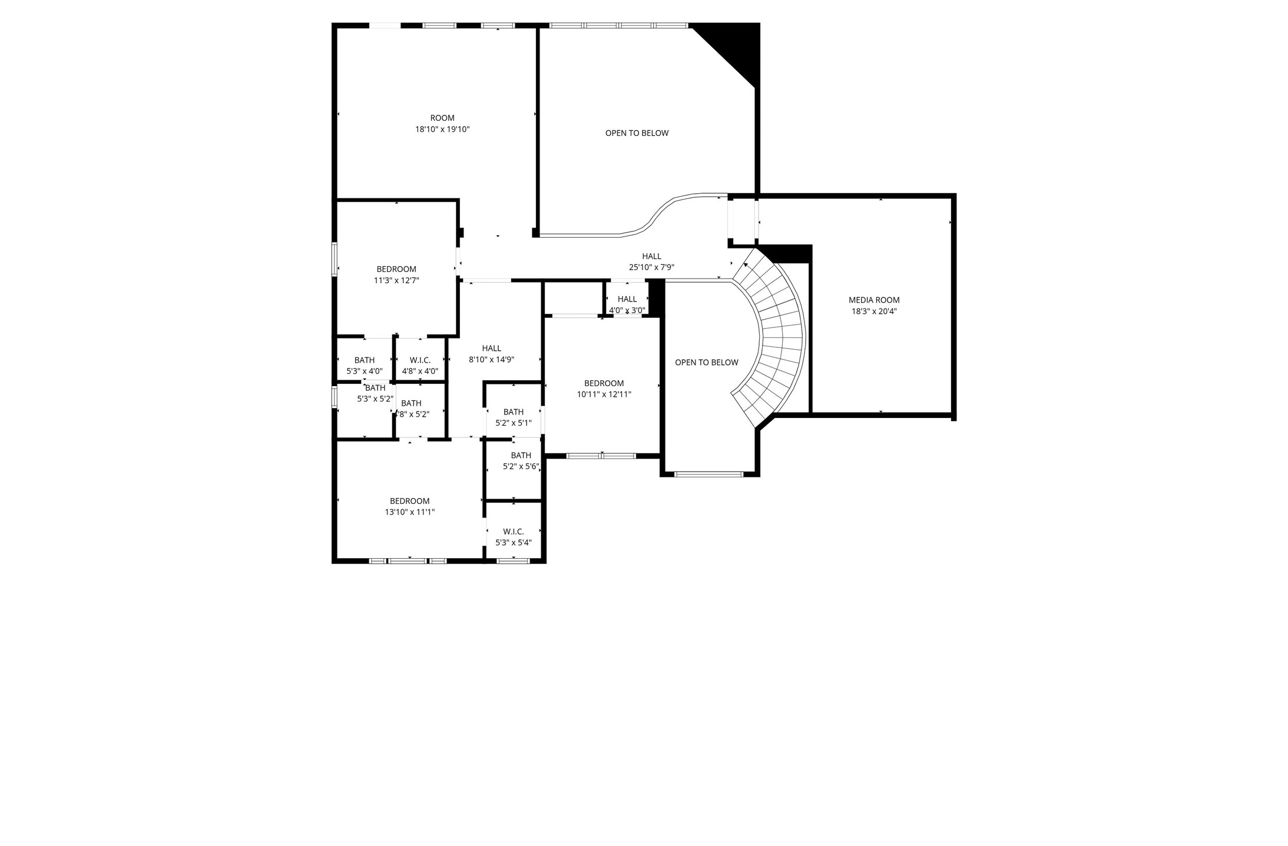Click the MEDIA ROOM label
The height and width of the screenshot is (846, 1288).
tap(873, 300)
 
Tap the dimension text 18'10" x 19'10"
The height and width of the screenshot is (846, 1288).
tap(442, 130)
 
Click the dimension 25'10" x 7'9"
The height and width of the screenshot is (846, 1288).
tap(651, 267)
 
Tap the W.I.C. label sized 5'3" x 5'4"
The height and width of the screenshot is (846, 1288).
tap(513, 532)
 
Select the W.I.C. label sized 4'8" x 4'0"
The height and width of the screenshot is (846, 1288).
tap(420, 360)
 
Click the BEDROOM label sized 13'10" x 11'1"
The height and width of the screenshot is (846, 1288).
tap(409, 502)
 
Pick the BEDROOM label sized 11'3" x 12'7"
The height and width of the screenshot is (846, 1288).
tap(396, 270)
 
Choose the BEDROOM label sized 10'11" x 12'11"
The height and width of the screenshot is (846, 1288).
tap(604, 383)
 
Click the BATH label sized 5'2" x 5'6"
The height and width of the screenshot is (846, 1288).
tap(521, 456)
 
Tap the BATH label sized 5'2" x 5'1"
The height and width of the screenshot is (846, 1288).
tap(513, 412)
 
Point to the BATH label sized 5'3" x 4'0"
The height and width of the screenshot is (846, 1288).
tap(364, 360)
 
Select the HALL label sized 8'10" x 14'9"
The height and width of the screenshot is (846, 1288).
tap(491, 349)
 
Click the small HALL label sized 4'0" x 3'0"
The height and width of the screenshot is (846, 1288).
tap(627, 299)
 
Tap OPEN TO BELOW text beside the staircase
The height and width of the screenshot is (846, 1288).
tap(706, 363)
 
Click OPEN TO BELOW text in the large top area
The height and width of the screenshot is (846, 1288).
tap(637, 133)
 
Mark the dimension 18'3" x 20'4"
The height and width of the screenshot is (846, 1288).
tap(873, 311)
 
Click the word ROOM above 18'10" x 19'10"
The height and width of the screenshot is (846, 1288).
tap(442, 118)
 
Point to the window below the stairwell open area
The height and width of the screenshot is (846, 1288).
tap(709, 474)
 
